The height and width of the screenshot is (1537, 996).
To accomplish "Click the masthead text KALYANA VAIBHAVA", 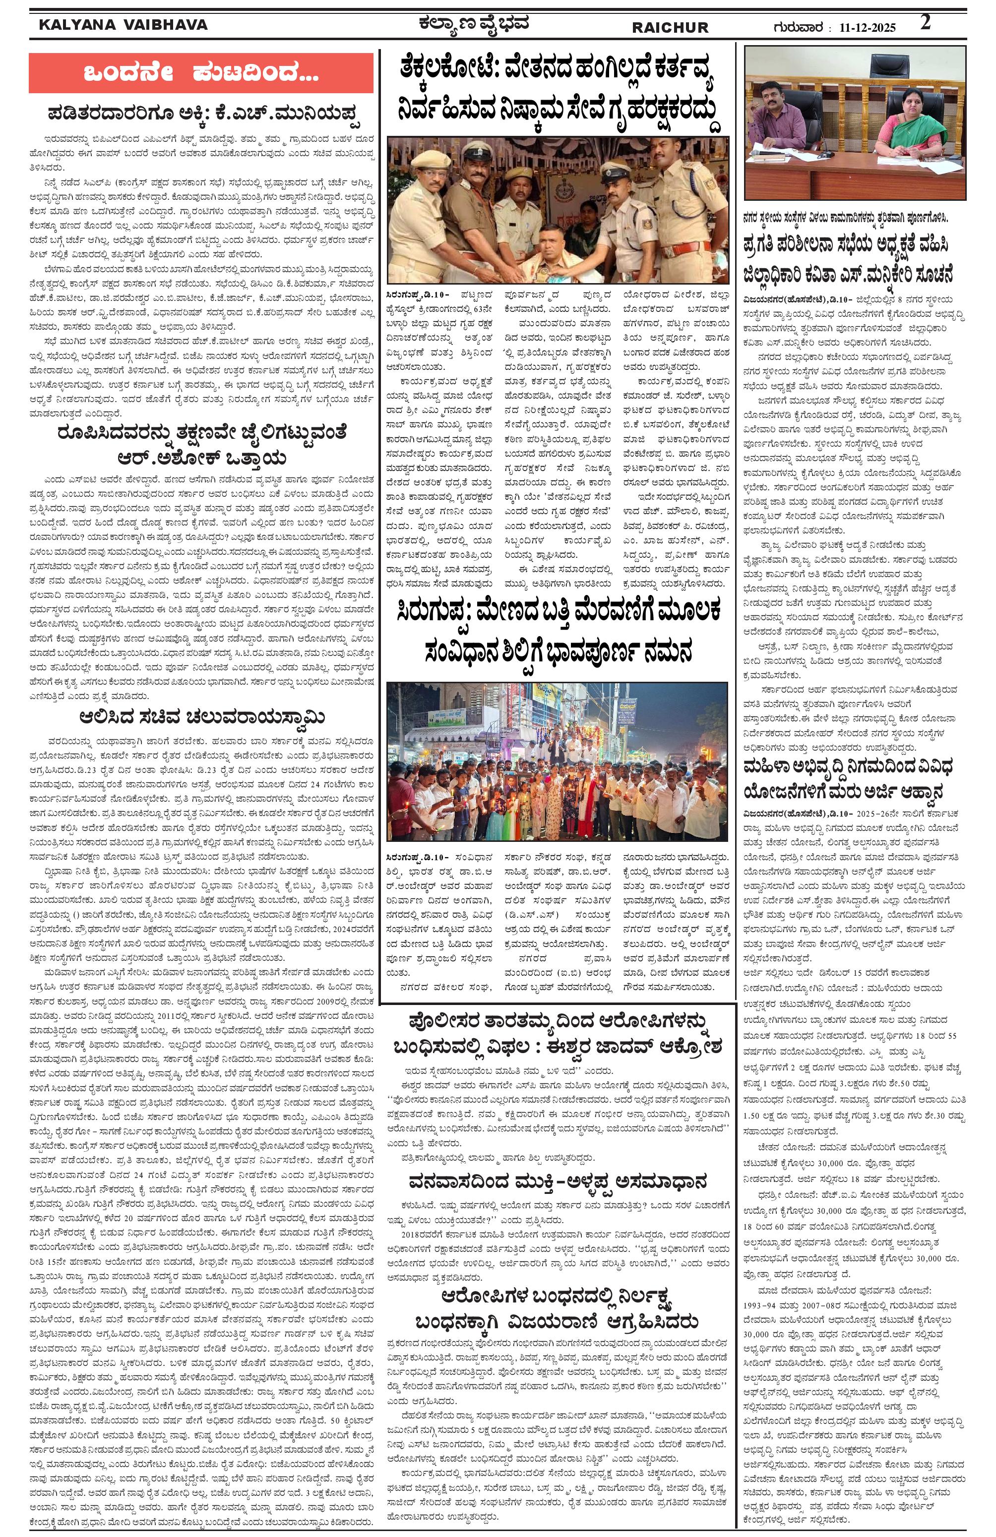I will point(123,25).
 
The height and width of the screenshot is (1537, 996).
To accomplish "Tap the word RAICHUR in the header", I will point(669,28).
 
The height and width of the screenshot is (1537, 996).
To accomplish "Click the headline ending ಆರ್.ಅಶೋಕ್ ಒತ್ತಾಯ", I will point(200,459).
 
